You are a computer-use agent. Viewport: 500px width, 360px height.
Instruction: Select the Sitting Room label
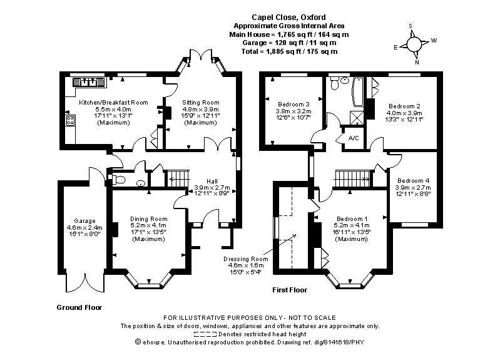pos(201,102)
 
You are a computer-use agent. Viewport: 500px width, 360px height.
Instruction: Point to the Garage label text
pos(84,221)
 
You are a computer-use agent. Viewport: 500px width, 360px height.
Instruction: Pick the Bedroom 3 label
pos(294,104)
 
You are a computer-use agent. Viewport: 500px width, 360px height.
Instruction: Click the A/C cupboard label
pos(354,138)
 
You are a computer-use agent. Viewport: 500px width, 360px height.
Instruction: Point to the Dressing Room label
pos(245,259)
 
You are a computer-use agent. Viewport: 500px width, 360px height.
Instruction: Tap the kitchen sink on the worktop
pos(88,81)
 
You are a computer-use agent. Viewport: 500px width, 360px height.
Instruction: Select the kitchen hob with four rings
pos(70,121)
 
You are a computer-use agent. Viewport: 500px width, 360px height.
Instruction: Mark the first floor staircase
pos(351,178)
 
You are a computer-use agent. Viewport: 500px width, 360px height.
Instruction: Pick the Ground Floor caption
pos(79,307)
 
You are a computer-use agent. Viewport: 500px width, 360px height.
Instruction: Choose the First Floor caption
pos(290,290)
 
